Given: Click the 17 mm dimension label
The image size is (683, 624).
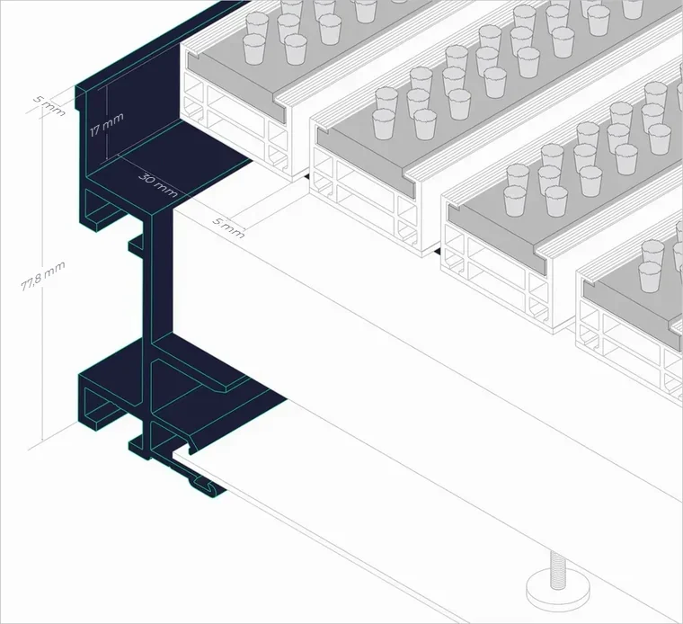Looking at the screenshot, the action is [107, 124].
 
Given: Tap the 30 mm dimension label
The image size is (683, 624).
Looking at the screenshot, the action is [158, 184].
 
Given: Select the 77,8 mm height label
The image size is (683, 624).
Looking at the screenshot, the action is [43, 276].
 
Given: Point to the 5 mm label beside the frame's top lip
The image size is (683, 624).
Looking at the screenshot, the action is [49, 105].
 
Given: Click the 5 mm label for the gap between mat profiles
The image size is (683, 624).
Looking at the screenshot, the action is [228, 227].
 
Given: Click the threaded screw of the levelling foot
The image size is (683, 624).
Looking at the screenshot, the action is [555, 570].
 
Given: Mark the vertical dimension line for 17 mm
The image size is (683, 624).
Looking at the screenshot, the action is [106, 123].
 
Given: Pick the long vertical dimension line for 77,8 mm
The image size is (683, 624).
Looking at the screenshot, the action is [42, 273].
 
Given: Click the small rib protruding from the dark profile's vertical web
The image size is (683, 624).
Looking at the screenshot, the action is [136, 245].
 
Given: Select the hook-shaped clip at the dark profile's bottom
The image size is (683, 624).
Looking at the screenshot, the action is [201, 485].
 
